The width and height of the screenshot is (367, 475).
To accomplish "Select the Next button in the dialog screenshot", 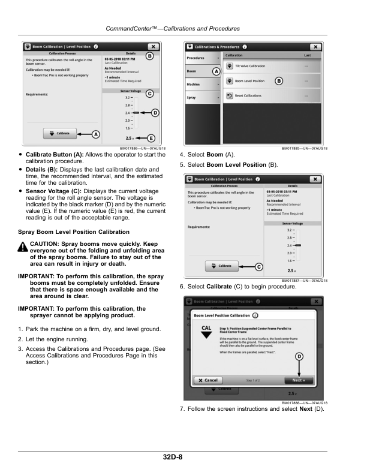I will (x=298, y=380).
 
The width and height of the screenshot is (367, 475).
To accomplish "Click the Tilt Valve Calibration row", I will (x=270, y=66).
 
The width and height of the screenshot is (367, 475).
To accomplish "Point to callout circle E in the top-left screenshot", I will (x=151, y=138).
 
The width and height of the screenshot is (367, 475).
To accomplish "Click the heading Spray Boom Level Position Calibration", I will (x=74, y=231).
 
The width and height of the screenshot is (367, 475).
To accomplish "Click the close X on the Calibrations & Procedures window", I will (x=315, y=47).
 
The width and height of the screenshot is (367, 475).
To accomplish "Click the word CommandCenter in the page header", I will (x=131, y=28).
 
